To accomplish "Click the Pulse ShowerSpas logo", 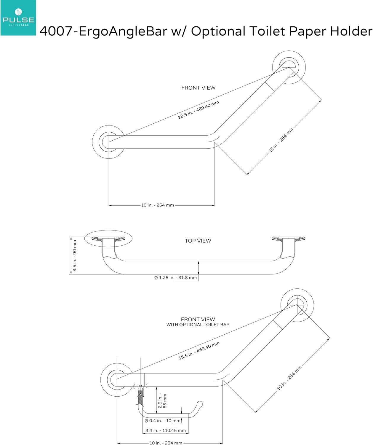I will (x=18, y=18).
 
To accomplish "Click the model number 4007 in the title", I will (x=56, y=31).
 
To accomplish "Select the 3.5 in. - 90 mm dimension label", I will (x=75, y=256).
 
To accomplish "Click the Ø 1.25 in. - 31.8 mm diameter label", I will (x=175, y=278).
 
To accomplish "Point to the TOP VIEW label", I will (x=198, y=241).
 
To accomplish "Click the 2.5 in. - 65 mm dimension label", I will (x=162, y=401).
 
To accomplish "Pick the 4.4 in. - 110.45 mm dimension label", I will (x=166, y=430).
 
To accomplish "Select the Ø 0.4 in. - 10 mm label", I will (x=163, y=421).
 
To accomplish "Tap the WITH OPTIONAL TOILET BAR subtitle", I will (x=198, y=325).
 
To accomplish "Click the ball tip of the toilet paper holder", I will (x=200, y=404).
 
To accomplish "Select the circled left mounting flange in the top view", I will (x=108, y=239).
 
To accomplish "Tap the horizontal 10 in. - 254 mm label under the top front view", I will (x=158, y=205).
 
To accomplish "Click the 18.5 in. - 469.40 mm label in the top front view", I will (x=198, y=110).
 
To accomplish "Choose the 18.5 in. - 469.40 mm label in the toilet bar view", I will (x=199, y=350).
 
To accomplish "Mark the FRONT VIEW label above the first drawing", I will (x=198, y=88).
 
